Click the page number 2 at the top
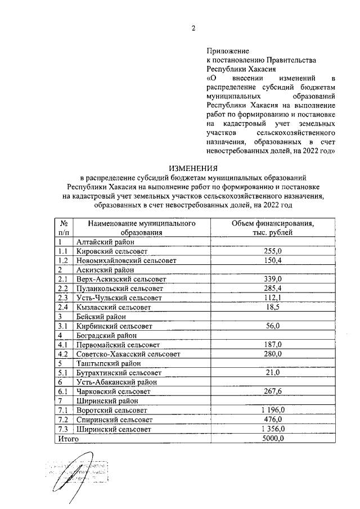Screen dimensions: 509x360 [x=193, y=29]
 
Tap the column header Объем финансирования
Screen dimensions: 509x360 [x=273, y=223]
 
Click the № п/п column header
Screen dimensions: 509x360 [x=64, y=228]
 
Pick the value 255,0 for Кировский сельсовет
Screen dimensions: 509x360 [x=273, y=251]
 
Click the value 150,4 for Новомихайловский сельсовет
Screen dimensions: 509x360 [x=273, y=260]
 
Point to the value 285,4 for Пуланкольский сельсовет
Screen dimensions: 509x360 [x=273, y=289]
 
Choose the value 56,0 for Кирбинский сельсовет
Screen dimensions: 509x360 [x=273, y=326]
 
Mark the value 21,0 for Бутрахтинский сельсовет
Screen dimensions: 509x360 [x=273, y=372]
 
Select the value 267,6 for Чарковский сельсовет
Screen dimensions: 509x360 [x=273, y=391]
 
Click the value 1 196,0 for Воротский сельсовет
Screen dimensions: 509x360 [x=273, y=410]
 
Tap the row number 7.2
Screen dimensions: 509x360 [x=63, y=420]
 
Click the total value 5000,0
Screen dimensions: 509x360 [x=273, y=438]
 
